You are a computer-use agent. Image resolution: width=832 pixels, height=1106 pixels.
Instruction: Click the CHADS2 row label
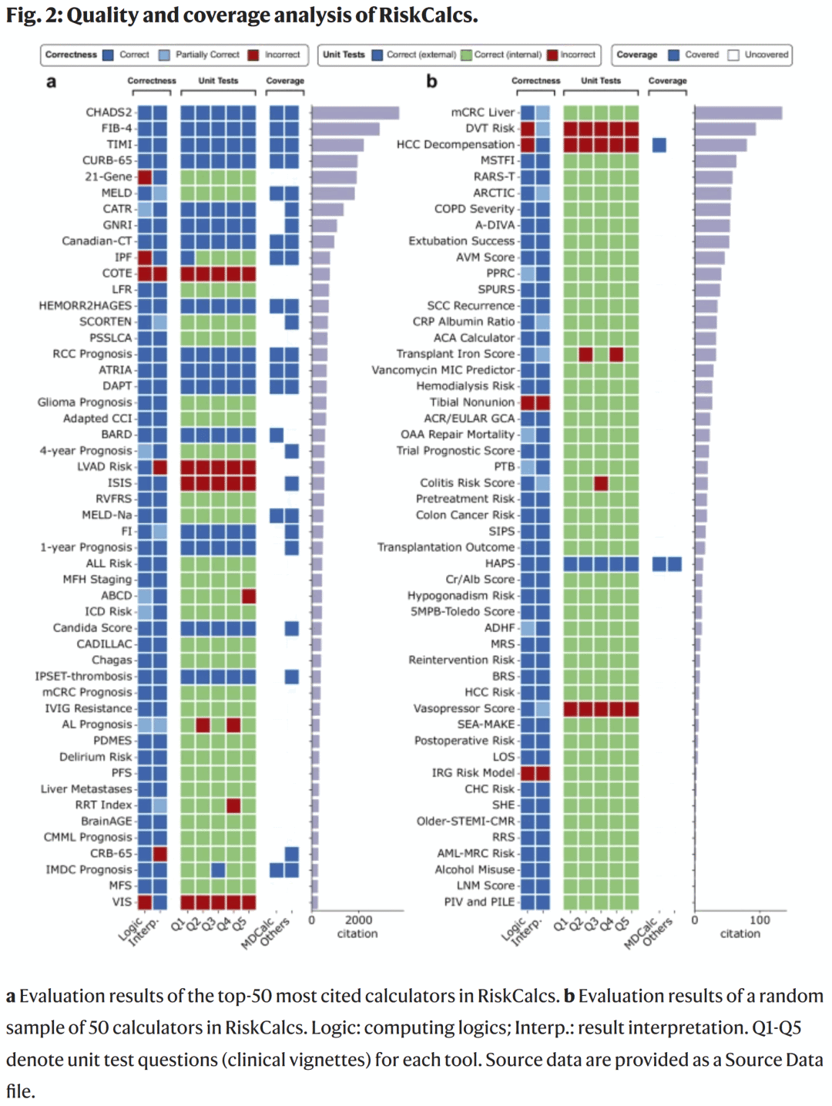click(109, 113)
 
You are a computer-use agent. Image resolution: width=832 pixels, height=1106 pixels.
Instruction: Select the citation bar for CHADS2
click(355, 113)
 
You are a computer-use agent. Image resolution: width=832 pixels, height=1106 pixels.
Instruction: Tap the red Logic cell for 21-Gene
click(145, 177)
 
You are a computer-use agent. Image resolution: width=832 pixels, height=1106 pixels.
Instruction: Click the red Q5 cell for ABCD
click(249, 596)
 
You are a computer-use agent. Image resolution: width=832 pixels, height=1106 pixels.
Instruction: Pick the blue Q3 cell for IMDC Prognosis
click(218, 869)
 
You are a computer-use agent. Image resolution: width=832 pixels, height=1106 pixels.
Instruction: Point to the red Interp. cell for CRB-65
click(160, 853)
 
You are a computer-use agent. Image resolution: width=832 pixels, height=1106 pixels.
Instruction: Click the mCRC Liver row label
click(482, 113)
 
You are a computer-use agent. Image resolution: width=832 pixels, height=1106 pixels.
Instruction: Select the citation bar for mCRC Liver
click(738, 113)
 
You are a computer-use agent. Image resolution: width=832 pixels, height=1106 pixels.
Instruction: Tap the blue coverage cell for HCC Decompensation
click(659, 145)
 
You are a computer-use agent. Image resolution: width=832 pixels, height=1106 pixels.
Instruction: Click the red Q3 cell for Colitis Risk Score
click(601, 483)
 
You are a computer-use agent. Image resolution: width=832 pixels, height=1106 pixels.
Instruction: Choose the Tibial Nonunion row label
click(471, 402)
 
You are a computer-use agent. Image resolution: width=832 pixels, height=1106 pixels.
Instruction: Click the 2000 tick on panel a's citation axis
click(359, 920)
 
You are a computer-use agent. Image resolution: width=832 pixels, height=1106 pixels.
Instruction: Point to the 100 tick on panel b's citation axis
click(760, 920)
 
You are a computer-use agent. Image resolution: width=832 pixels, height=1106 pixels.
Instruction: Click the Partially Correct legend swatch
click(165, 55)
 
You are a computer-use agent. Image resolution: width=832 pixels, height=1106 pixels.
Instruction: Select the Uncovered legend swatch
click(733, 55)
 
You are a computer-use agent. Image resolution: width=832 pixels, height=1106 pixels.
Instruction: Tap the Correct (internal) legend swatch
click(465, 55)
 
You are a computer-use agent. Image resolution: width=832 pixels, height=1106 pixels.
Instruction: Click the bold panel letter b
click(431, 82)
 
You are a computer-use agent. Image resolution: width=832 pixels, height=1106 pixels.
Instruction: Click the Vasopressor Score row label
click(464, 708)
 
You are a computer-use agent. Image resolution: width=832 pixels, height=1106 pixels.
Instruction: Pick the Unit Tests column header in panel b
click(601, 80)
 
